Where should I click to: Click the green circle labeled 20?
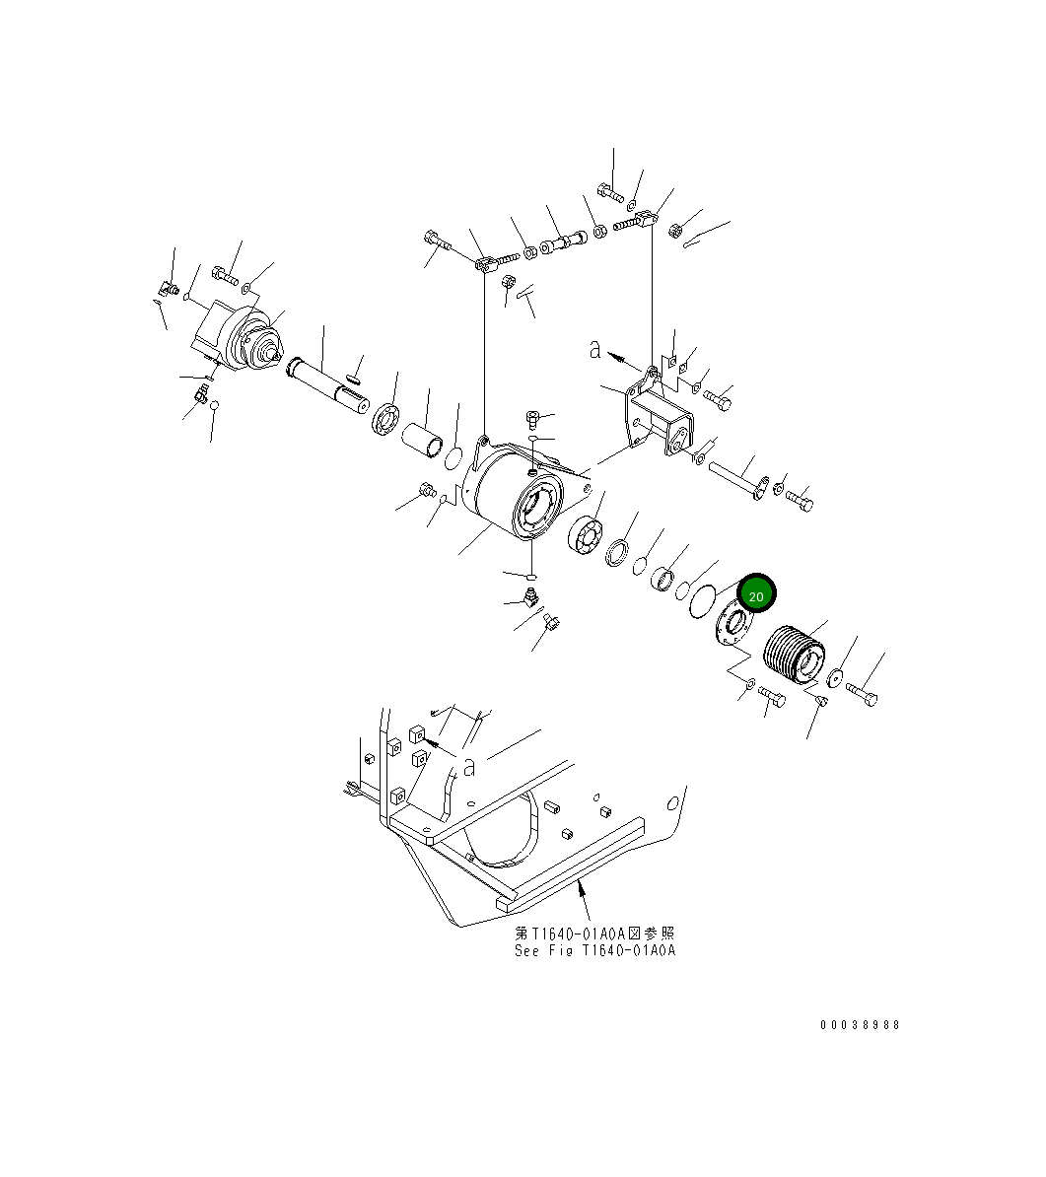[756, 594]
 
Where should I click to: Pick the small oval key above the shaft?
[355, 375]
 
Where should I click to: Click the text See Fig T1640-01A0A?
[594, 951]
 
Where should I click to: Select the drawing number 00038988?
[860, 1024]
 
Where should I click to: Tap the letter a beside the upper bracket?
[594, 348]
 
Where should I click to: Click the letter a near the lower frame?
[469, 765]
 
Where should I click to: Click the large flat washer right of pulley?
[836, 676]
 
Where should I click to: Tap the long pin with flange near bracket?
[735, 477]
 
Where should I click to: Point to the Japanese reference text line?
[594, 933]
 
